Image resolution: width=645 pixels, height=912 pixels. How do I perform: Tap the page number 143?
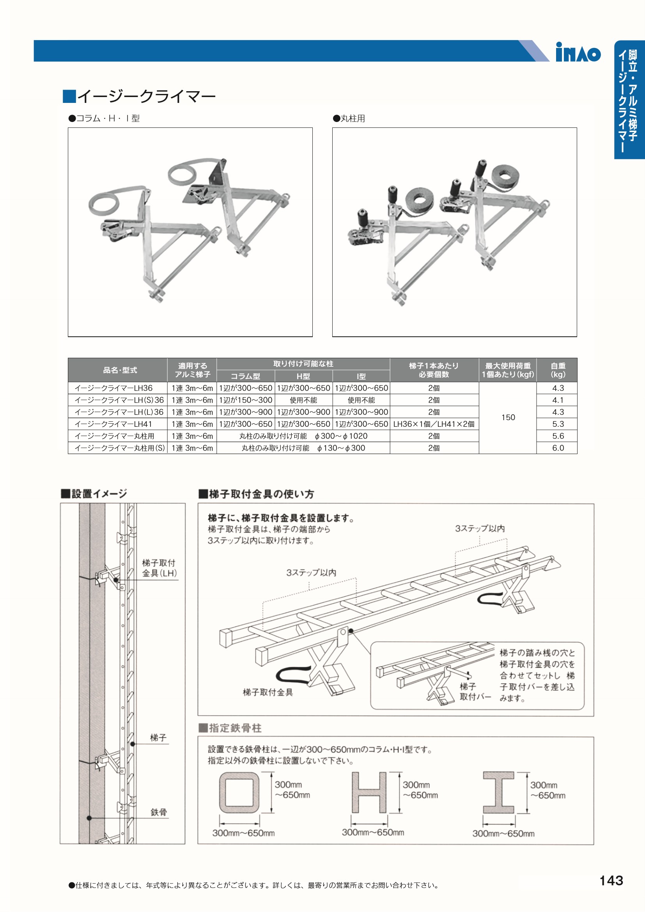tap(611, 880)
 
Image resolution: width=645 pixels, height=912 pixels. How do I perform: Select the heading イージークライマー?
tap(140, 96)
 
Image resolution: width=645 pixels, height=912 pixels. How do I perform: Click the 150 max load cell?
tap(508, 417)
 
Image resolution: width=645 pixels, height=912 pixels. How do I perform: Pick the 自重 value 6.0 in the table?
tap(558, 448)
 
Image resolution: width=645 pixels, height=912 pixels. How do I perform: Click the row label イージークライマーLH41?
tap(113, 424)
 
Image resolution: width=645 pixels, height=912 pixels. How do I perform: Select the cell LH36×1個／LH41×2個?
tap(434, 424)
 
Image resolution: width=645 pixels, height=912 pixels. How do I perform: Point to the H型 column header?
tap(303, 376)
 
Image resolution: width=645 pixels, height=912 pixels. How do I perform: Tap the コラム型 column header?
tap(246, 376)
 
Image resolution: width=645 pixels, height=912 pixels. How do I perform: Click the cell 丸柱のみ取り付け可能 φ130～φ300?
tap(303, 448)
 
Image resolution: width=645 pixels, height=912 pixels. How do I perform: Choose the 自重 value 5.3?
tap(558, 424)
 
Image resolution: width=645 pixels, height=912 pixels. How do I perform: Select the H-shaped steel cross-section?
tap(369, 792)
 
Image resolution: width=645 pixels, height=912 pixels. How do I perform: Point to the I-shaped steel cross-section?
tap(499, 793)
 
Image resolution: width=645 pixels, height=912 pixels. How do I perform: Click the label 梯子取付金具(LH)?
tap(159, 568)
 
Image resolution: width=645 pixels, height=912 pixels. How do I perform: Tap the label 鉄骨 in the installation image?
tap(159, 812)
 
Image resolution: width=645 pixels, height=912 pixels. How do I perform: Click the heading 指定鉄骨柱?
tap(230, 728)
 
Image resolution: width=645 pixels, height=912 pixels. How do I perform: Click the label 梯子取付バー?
tap(475, 691)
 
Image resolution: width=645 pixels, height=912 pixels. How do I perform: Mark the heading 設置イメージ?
tap(94, 494)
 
